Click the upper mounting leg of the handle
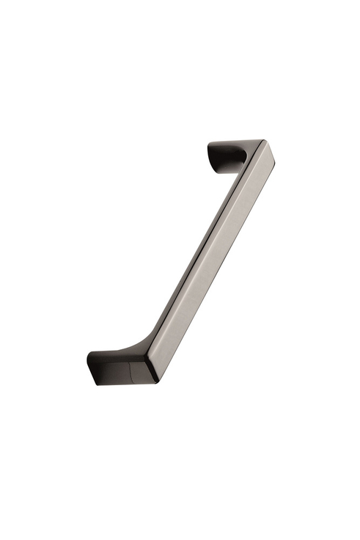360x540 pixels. (x=233, y=154)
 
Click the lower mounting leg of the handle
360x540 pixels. (x=117, y=366)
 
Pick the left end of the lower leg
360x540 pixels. (x=89, y=368)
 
